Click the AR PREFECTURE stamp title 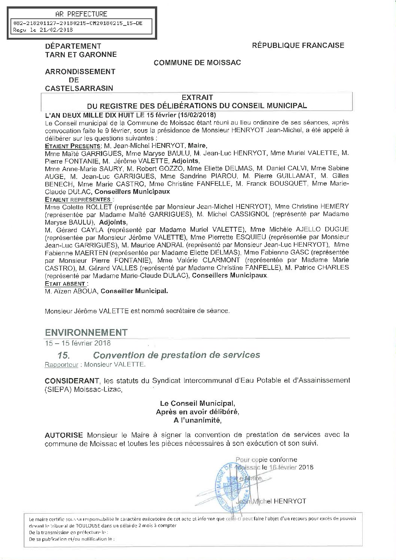coord(81,14)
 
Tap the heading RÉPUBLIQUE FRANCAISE coord(298,45)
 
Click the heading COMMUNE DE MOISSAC coord(197,63)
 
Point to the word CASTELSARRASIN coord(79,88)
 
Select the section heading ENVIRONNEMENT coord(86,332)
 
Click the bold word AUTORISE coord(64,435)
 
